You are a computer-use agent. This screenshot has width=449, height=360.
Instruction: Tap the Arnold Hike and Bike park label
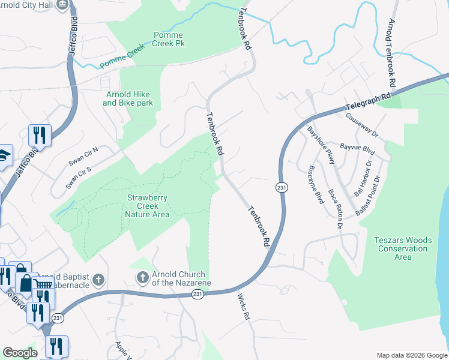click(128, 99)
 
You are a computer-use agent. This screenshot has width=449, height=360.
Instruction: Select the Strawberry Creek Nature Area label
click(146, 206)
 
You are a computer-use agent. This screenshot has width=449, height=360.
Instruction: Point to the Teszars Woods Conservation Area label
click(403, 248)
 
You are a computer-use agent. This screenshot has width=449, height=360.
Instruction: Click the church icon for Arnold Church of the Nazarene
click(142, 277)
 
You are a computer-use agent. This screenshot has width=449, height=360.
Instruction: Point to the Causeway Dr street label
click(366, 125)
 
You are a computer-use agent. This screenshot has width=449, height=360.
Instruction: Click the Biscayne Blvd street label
click(316, 184)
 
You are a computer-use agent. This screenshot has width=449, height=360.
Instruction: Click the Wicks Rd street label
click(243, 306)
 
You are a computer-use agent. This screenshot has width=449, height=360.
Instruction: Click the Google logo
click(20, 353)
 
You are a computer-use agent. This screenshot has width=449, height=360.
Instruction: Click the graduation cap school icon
click(4, 154)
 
